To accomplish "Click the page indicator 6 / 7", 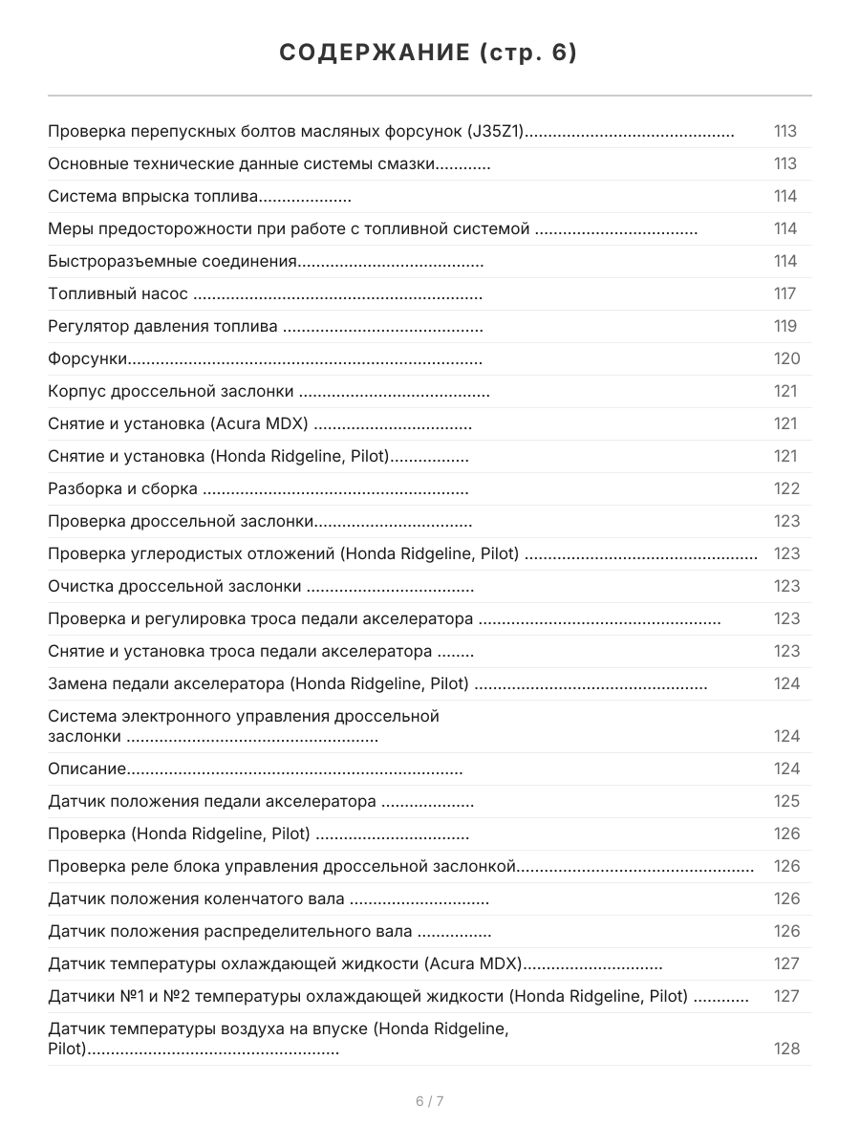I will coord(430,1101).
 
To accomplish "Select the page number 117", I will coord(785,294).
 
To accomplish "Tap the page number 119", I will coord(785,327).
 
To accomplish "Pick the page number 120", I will coord(786,359).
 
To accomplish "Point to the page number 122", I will coord(786,489).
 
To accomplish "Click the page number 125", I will coord(786,801).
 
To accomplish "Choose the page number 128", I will coord(786,1049).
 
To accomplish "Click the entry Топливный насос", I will coord(118,294).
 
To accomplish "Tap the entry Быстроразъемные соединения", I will coord(172,262).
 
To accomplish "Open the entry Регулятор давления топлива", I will coord(162,327).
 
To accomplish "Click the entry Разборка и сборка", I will coord(122,489).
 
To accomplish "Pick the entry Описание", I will coord(87,768).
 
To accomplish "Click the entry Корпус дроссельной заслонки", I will coord(171,392).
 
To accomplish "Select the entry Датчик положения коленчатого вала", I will coord(196,898).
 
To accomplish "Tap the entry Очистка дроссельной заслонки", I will coord(175,587).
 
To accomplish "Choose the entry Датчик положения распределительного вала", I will coord(230,931).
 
